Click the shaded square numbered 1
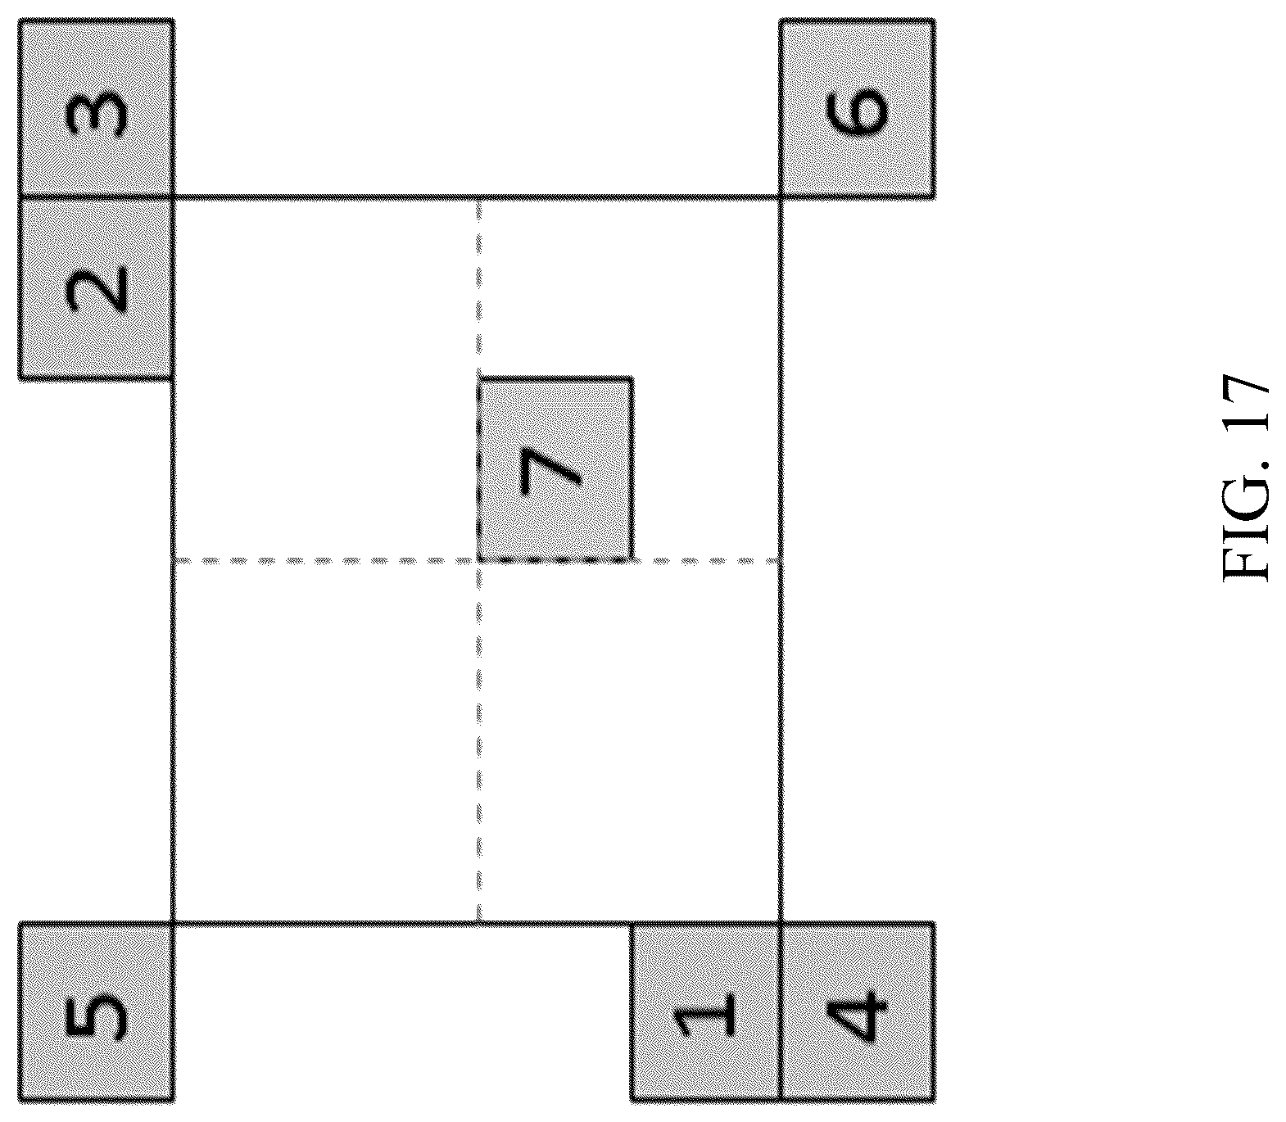point(705,1011)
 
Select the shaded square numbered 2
point(95,288)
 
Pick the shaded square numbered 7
point(555,469)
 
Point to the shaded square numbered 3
point(95,108)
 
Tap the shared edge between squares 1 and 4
point(780,1011)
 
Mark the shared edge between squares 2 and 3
point(95,197)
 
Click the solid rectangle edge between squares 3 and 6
point(476,197)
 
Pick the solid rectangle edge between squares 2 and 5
point(173,650)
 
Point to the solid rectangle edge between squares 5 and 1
point(401,922)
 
